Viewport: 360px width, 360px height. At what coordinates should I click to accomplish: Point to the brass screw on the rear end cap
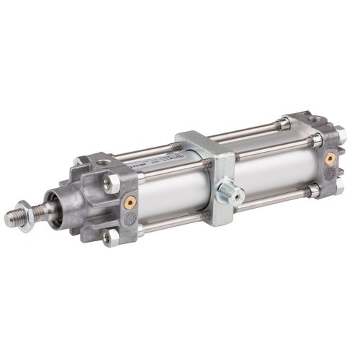coord(330,157)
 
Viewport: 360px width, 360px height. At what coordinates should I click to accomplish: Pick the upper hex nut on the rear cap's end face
coord(338,134)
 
